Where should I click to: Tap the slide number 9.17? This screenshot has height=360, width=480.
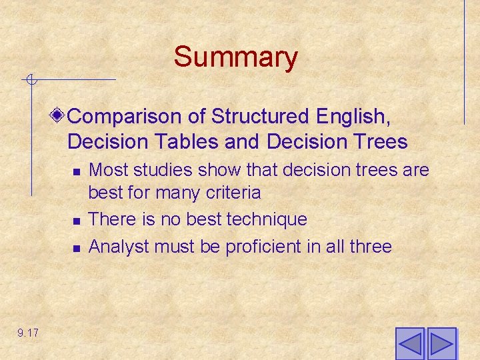28,333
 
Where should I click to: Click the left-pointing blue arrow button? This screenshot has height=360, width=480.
409,344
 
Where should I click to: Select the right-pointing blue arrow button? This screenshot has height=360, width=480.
441,344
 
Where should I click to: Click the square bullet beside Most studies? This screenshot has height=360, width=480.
77,171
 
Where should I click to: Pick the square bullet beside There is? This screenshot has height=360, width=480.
77,220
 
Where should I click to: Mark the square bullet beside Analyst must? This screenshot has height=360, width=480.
77,247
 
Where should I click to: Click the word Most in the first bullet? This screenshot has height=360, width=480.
105,170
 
